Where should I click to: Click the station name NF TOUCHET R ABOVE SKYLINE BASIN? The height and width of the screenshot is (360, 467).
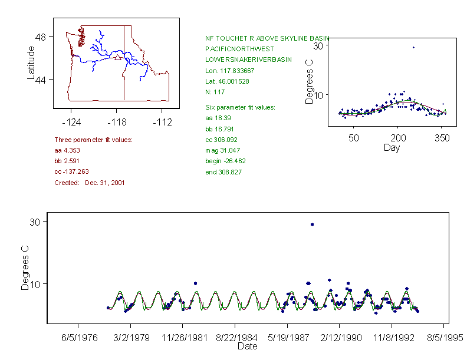pos(267,38)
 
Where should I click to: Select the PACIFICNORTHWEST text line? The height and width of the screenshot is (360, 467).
pos(240,48)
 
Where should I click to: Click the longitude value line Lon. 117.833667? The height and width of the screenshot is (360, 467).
pos(230,71)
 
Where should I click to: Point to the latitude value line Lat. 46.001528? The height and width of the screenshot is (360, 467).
pos(227,81)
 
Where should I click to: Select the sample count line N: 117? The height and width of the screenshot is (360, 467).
pos(215,92)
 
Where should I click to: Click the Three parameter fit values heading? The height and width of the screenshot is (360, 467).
pos(93,140)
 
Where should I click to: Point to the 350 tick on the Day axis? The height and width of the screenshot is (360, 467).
pos(442,138)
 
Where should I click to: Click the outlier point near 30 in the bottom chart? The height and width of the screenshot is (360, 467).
pos(312,224)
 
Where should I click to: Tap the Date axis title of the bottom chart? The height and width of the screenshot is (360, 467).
pos(247,346)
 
